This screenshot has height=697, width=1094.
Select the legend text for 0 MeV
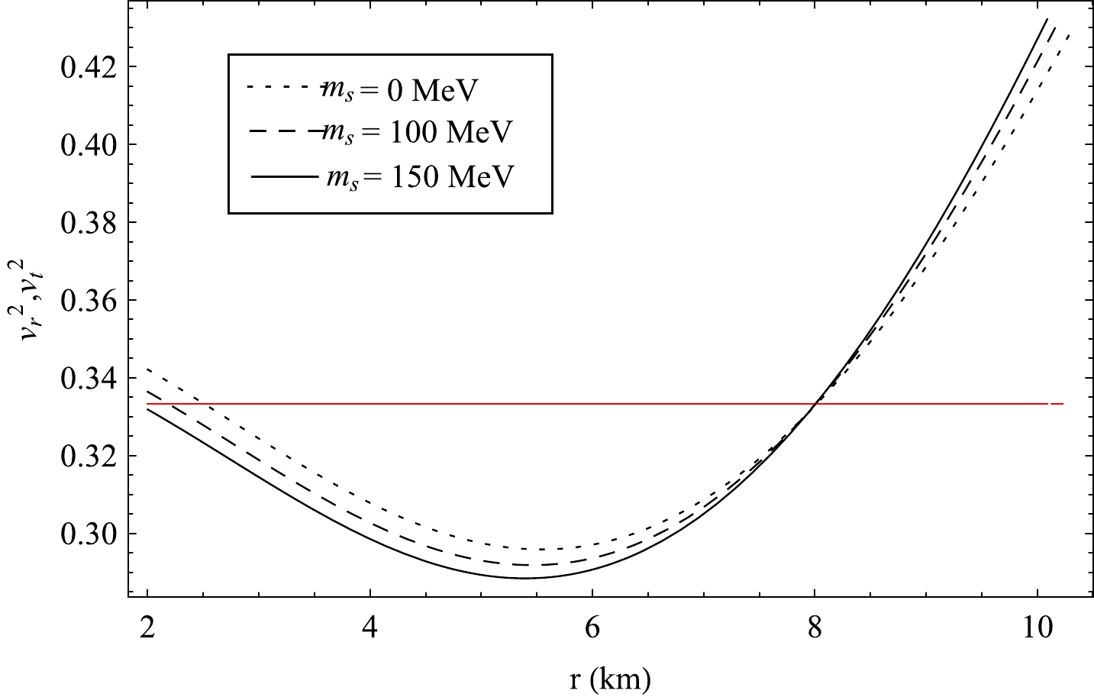[397, 91]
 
